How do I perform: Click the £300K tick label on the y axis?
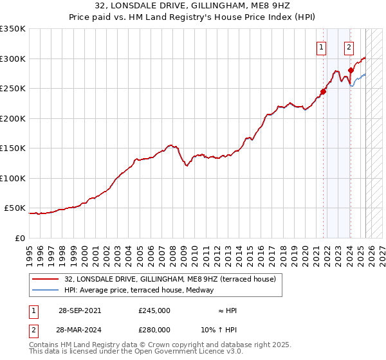click(x=13, y=59)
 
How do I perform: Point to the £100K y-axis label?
click(x=13, y=178)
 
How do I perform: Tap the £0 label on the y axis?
click(x=19, y=238)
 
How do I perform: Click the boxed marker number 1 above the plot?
click(x=321, y=46)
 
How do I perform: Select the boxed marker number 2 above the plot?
click(x=349, y=46)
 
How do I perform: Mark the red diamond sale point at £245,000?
click(x=324, y=92)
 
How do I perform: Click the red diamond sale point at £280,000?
click(x=351, y=71)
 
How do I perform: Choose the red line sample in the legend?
click(x=46, y=279)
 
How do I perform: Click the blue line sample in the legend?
click(x=46, y=291)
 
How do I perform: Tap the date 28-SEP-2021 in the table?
click(x=79, y=310)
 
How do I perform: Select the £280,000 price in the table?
click(x=154, y=329)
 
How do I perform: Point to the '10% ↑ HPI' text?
click(x=219, y=329)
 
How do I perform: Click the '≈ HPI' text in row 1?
click(x=227, y=310)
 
